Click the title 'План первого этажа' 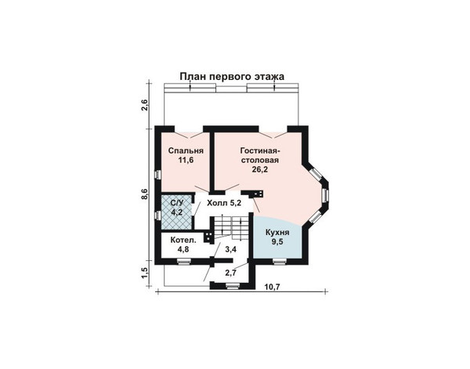tap(232, 77)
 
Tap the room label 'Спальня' tap(186, 150)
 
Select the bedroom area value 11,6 tap(186, 160)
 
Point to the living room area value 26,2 tap(259, 169)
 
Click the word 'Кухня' tap(277, 233)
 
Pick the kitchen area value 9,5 tap(277, 242)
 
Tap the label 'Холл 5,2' tap(224, 203)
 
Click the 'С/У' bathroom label tap(176, 203)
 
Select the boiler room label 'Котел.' tap(183, 240)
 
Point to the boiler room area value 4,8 tap(183, 249)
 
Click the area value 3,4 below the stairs tap(231, 249)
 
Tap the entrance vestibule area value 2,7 tap(231, 273)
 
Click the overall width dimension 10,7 tap(272, 287)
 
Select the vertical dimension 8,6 tap(145, 194)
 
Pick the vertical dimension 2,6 tap(145, 105)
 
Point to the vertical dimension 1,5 tap(145, 273)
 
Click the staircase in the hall tap(231, 228)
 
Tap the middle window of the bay tap(325, 195)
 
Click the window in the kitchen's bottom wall tap(279, 262)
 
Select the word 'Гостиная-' tap(260, 150)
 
